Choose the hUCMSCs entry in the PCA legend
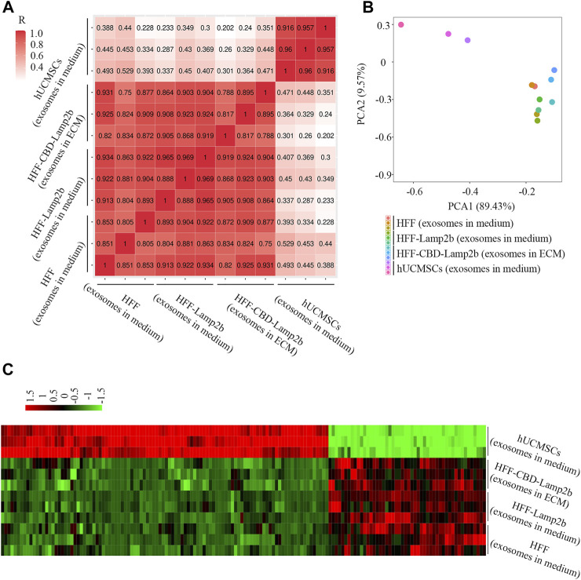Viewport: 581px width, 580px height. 472,269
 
